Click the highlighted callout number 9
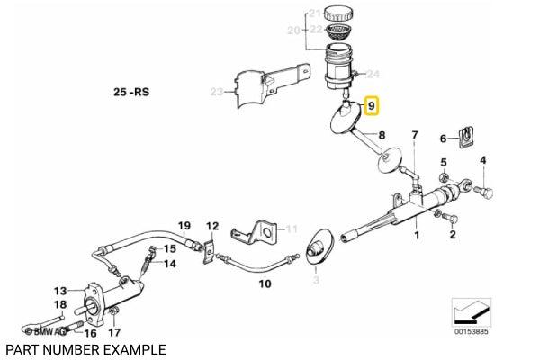(373, 108)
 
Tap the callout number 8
(381, 136)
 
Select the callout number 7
(414, 136)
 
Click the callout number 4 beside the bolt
(482, 161)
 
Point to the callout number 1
(417, 236)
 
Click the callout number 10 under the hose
(265, 283)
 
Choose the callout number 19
(184, 226)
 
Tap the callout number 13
(60, 291)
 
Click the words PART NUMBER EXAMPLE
(85, 348)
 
